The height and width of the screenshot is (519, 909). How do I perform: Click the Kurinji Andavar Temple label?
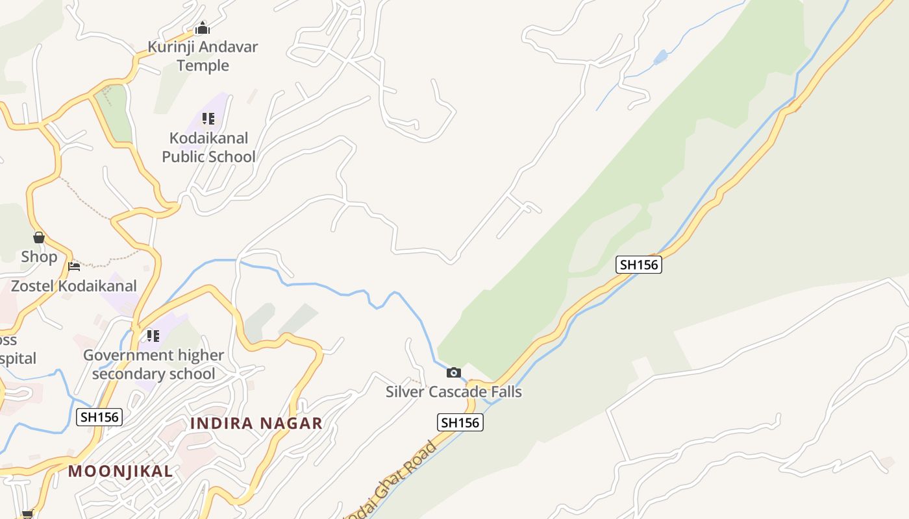[203, 56]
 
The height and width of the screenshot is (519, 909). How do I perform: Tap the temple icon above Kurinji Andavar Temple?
[203, 28]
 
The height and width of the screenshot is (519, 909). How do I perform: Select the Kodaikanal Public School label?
[208, 147]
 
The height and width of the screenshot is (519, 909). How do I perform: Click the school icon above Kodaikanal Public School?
[208, 119]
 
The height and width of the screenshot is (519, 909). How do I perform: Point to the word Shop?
[39, 257]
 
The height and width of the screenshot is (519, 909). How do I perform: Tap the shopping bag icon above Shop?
[39, 237]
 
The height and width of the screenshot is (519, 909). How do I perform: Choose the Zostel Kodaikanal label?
[74, 286]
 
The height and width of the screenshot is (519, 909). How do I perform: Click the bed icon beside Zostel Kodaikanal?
[74, 266]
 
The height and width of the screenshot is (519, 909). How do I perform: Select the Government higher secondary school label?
[153, 365]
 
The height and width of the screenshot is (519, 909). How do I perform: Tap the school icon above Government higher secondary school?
[153, 336]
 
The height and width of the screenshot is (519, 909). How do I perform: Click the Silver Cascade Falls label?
[454, 392]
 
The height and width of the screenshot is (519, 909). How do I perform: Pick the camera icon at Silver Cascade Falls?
[454, 372]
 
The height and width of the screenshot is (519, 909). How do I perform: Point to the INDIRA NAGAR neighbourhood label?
[256, 424]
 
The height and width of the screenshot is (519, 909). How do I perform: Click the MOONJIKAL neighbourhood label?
[121, 471]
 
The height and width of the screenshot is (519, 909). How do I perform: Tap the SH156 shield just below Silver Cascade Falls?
[460, 422]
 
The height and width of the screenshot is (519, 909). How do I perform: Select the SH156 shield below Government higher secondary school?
[99, 417]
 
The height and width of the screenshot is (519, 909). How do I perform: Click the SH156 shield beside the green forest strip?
[639, 265]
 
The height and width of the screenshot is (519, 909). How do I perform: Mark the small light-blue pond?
[660, 57]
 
